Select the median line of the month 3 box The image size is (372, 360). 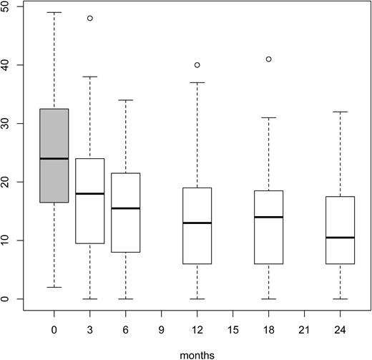(x=89, y=193)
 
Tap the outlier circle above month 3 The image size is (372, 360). (x=90, y=18)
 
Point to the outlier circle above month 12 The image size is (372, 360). (x=197, y=65)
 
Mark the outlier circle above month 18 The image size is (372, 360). (x=268, y=59)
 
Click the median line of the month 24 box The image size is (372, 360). (x=340, y=237)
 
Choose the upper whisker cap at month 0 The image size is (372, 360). (x=54, y=12)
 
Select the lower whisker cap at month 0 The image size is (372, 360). (x=54, y=287)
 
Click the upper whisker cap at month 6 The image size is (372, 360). (x=126, y=100)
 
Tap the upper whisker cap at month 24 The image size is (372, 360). (x=340, y=112)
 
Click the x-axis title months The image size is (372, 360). (x=197, y=353)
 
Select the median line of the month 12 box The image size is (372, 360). (x=197, y=223)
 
